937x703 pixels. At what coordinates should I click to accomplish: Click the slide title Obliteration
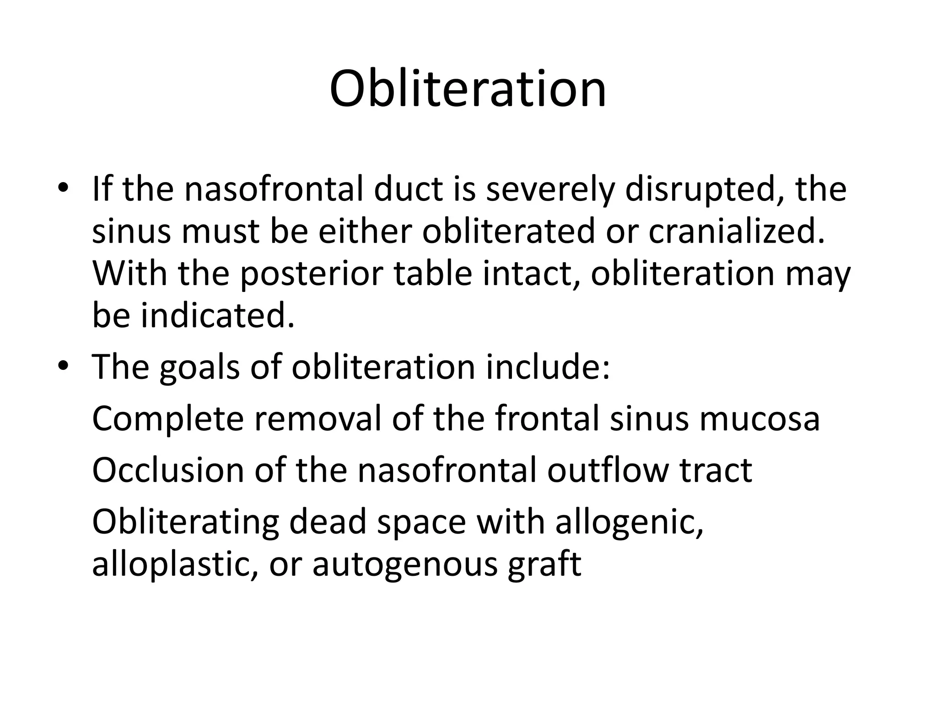tap(468, 89)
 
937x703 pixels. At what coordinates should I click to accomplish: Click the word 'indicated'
tap(217, 316)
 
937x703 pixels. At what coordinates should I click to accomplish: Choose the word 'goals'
tap(199, 368)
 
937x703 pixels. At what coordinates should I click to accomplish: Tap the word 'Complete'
tap(168, 419)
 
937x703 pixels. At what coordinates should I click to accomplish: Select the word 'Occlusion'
tap(168, 470)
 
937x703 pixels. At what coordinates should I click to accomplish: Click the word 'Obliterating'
tap(185, 522)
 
